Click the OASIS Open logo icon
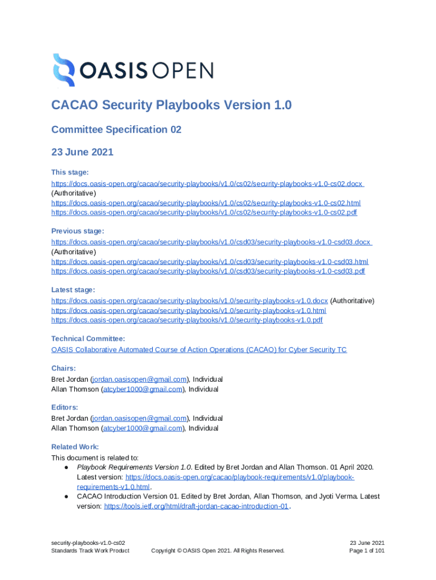pos(63,70)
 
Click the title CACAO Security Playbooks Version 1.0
pos(172,105)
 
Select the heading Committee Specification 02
pos(116,130)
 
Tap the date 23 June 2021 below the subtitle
pos(82,152)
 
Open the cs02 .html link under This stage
pos(206,203)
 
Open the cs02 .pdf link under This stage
pos(204,212)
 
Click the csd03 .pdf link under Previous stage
pos(208,271)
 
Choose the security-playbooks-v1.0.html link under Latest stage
pos(189,310)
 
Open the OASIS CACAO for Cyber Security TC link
pos(199,350)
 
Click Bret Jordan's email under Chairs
pos(139,379)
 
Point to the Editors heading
pos(65,407)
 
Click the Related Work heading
pos(75,447)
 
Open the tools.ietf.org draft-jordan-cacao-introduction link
pos(196,506)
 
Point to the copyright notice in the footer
pos(217,551)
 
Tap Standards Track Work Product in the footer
pos(90,551)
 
